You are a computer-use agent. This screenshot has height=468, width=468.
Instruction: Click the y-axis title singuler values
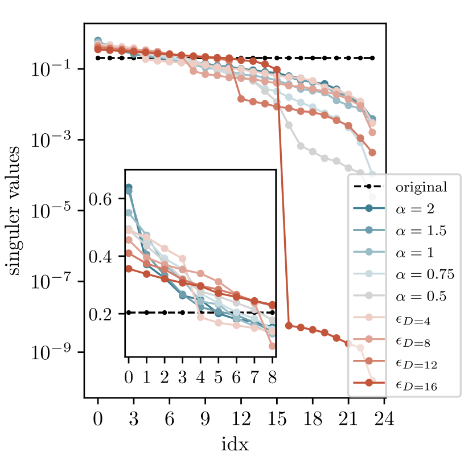(15, 211)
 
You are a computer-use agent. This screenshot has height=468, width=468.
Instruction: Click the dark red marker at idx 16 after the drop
(289, 326)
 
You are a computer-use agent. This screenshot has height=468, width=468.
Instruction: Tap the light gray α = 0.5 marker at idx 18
(313, 151)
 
